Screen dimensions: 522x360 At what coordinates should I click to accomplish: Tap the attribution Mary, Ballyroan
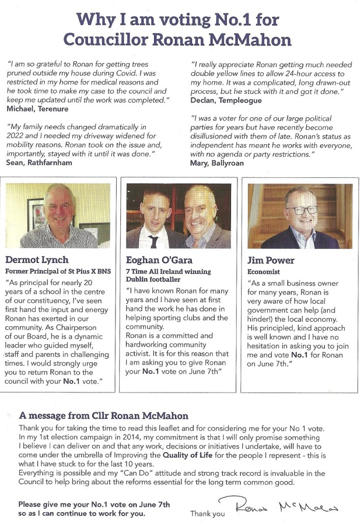coord(216,163)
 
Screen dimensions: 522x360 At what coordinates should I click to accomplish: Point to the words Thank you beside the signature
coord(207,513)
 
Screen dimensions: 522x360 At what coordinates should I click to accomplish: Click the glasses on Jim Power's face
coord(301,210)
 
